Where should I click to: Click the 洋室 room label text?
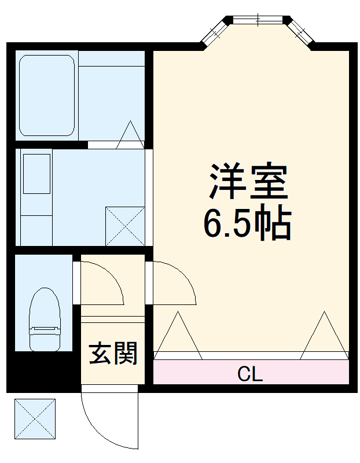click(248, 181)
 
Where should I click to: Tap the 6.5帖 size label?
click(247, 222)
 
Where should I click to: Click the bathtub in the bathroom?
click(47, 95)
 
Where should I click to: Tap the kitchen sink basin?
click(36, 174)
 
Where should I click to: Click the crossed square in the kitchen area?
click(124, 226)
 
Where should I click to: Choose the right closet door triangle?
click(325, 336)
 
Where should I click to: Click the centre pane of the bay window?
click(257, 20)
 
